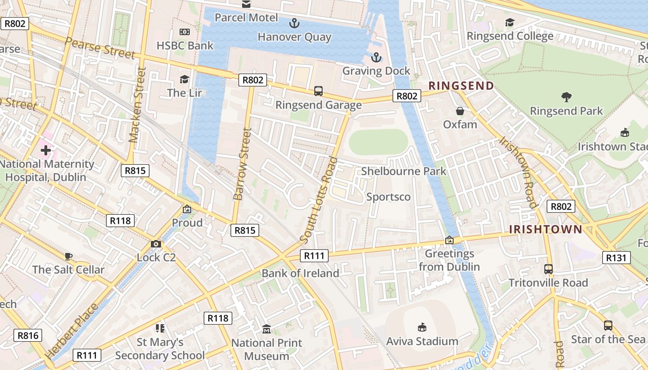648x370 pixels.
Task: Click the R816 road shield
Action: click(x=28, y=335)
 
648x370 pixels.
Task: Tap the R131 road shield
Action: click(x=617, y=258)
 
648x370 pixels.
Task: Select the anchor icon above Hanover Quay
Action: click(x=294, y=23)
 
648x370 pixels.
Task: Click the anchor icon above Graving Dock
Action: click(x=376, y=57)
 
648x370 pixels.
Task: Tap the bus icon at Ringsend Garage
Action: click(x=318, y=91)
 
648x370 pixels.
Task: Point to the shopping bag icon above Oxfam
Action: click(x=460, y=111)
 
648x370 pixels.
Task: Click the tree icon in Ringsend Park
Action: click(x=566, y=97)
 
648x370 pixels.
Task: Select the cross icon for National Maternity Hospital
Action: click(x=46, y=150)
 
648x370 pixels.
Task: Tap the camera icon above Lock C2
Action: click(x=156, y=244)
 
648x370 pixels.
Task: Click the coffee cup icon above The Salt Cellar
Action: click(x=69, y=256)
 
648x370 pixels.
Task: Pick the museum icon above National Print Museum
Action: click(x=267, y=329)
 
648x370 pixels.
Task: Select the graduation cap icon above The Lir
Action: click(x=184, y=79)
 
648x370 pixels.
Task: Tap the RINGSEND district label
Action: click(x=461, y=86)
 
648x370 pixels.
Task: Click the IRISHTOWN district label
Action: click(x=546, y=229)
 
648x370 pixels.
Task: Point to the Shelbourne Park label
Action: click(x=404, y=171)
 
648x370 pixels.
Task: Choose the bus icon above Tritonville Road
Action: click(x=548, y=269)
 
